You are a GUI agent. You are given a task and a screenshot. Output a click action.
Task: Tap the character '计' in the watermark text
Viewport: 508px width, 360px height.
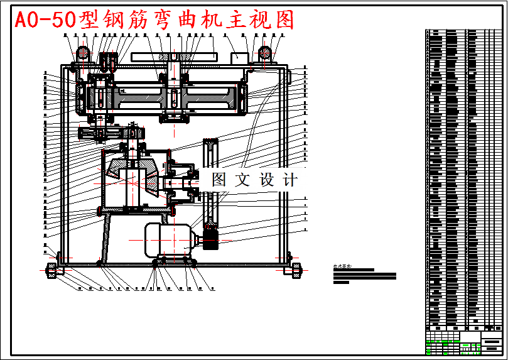[x=289, y=180]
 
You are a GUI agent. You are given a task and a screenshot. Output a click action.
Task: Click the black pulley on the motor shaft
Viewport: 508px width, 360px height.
[x=209, y=239]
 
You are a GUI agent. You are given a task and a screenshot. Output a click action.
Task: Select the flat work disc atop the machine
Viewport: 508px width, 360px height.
[x=173, y=58]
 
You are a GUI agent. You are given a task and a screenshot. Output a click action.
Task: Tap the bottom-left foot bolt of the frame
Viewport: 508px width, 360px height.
[x=51, y=271]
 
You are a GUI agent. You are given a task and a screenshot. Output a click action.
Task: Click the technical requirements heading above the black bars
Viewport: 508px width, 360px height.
[x=344, y=266]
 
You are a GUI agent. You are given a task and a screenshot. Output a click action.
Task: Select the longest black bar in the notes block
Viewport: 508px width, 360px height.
[x=365, y=275]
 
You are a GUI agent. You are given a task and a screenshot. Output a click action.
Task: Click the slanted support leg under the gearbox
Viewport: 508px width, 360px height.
[x=107, y=236]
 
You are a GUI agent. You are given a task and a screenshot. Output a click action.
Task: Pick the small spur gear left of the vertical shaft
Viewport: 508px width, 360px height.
[x=93, y=133]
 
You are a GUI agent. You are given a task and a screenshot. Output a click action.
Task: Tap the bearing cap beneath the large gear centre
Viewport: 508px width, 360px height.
[x=173, y=117]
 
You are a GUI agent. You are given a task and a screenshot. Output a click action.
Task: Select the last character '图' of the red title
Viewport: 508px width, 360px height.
[x=282, y=20]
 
